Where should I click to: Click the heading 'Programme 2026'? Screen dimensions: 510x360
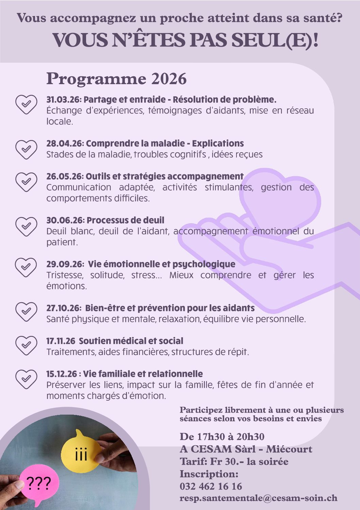[x=116, y=79]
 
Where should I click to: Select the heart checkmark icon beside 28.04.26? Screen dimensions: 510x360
[x=26, y=149]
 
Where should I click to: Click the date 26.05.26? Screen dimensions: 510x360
[x=64, y=176]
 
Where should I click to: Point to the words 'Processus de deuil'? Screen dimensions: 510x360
[x=125, y=220]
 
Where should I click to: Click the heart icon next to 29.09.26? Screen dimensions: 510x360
[x=26, y=267]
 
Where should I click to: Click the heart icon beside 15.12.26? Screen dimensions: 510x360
[x=26, y=379]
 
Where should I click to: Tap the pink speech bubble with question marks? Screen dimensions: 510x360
[x=38, y=483]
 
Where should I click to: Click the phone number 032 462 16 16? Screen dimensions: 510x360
[x=211, y=486]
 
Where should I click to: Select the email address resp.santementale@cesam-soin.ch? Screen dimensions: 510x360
[x=258, y=498]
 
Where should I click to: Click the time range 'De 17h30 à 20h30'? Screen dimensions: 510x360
[x=222, y=437]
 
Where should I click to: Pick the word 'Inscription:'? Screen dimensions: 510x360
[x=209, y=474]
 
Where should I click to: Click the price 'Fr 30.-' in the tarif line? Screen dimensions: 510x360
[x=225, y=462]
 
